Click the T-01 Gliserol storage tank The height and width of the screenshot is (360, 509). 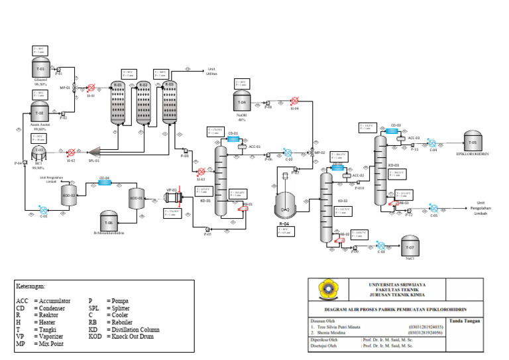[40, 69]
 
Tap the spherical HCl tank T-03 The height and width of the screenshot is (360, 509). [40, 152]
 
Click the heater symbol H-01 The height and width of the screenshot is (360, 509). [90, 88]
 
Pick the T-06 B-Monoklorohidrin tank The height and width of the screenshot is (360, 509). [110, 223]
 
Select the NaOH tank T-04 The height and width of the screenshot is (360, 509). [241, 102]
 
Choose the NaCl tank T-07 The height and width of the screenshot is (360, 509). [408, 246]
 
